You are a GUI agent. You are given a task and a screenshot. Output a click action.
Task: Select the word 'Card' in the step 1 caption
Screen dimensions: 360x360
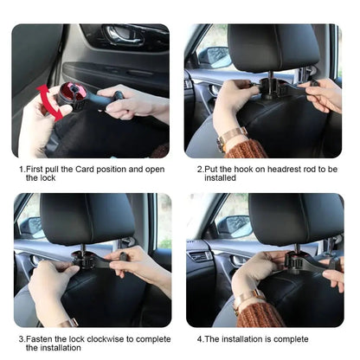[x=85, y=169]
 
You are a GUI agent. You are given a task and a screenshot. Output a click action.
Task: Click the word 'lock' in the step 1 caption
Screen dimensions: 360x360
[x=48, y=177]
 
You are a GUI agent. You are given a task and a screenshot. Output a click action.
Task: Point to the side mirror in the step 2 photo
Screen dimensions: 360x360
[x=215, y=57]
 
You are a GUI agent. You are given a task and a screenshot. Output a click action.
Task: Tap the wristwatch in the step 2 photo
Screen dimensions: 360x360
[x=231, y=138]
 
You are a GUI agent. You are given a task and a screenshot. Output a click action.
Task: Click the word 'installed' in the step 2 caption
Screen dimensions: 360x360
[x=220, y=177]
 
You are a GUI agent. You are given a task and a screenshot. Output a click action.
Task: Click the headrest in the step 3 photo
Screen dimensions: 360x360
[x=87, y=219]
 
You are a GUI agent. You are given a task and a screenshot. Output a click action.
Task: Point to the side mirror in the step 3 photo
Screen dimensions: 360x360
[x=31, y=227]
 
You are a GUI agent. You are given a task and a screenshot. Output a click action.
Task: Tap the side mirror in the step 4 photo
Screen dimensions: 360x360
[x=235, y=227]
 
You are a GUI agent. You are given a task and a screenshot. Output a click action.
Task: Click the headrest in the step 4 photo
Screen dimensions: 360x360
[x=296, y=219]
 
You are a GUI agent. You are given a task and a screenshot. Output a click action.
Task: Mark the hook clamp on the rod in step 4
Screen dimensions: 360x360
[x=296, y=260]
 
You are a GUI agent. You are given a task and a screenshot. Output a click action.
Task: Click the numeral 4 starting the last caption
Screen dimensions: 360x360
[x=200, y=339]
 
